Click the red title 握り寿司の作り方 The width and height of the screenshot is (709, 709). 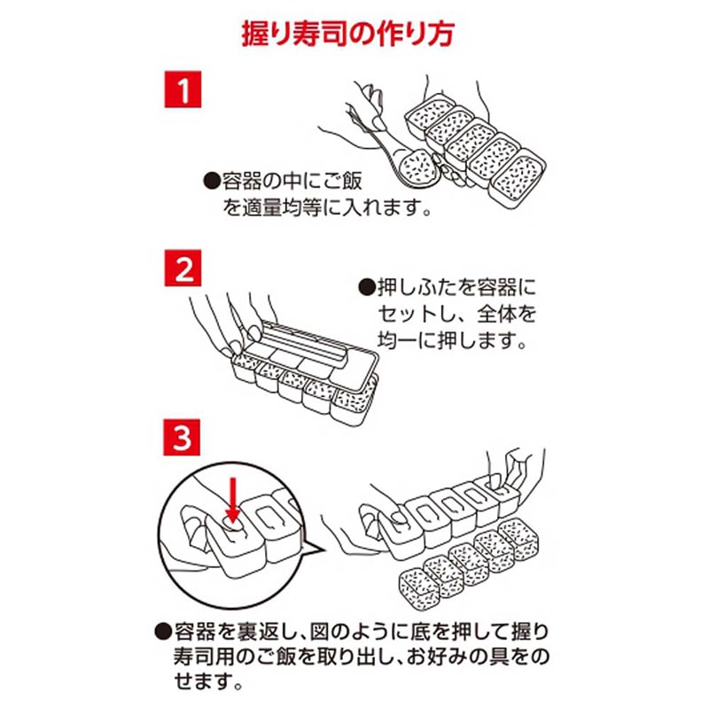[354, 35]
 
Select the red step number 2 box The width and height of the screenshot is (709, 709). [183, 269]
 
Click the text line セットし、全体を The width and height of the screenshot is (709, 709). [457, 315]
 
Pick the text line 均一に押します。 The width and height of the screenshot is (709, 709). [456, 340]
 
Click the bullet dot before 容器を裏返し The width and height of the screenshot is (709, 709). [161, 632]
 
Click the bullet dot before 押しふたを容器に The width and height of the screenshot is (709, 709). [364, 288]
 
